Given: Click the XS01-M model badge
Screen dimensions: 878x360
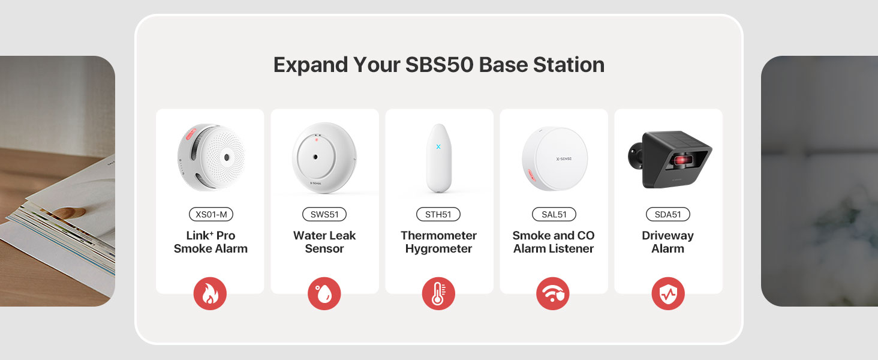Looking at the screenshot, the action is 211,214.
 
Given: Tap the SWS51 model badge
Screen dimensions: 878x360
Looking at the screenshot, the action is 324,214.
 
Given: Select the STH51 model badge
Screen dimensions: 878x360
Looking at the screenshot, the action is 438,214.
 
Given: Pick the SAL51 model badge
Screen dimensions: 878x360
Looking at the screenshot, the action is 554,214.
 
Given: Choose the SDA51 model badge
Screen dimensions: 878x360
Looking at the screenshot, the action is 668,214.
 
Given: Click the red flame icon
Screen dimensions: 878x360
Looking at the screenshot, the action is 210,294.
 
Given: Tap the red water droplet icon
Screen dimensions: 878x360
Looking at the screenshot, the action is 324,294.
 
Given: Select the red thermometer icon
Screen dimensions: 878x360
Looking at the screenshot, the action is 438,294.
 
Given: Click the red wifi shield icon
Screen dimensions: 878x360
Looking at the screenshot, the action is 553,294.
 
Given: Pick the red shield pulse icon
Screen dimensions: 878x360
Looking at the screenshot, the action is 668,294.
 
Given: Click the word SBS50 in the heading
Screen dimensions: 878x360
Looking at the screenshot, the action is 440,65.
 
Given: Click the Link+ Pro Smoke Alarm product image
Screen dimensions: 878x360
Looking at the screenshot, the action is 211,158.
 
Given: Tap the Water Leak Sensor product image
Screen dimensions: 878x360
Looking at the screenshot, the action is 324,158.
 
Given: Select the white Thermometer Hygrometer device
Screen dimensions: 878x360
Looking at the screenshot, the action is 438,158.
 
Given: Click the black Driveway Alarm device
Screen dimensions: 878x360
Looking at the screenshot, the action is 670,159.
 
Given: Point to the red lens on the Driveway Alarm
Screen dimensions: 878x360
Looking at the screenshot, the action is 682,160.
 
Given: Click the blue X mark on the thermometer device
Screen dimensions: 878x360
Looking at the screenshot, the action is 438,146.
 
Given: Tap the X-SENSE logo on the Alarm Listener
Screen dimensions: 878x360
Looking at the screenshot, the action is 564,159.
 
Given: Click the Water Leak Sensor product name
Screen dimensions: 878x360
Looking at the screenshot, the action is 324,242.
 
